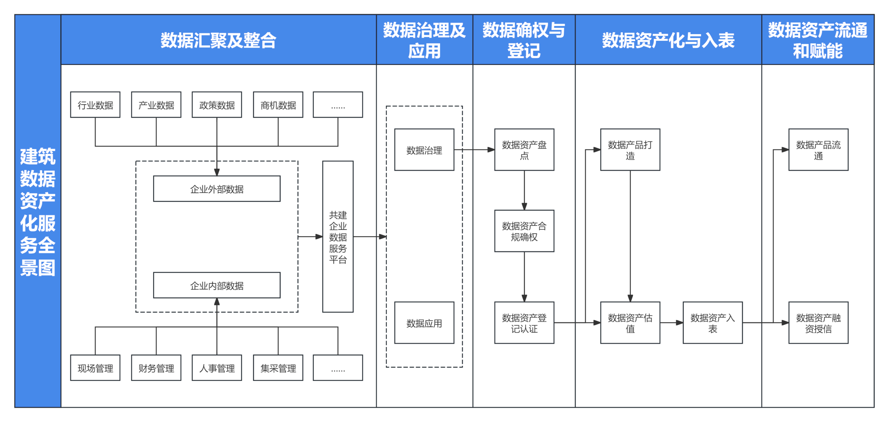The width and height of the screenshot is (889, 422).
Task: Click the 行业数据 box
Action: coord(95,105)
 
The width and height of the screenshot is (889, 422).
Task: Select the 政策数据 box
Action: coord(217,105)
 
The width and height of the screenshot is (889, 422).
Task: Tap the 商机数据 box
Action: coord(278,105)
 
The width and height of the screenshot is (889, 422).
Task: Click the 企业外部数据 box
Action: coord(217,189)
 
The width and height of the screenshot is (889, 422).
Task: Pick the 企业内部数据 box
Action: coord(217,285)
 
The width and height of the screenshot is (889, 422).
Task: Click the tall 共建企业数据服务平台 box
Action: coord(337,237)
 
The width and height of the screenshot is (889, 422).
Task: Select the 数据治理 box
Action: coord(424,150)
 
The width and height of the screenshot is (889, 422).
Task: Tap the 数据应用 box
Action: coord(424,323)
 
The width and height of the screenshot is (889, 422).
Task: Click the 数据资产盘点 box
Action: coord(524,150)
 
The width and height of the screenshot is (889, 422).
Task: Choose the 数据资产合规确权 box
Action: coord(524,231)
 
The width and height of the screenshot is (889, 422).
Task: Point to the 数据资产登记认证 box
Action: coord(524,323)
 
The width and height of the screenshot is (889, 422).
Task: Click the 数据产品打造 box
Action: coord(630,150)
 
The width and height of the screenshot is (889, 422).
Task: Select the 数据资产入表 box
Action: coord(712,323)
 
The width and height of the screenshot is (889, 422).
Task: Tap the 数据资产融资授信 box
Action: coord(818,323)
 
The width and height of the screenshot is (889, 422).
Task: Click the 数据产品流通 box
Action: coord(818,150)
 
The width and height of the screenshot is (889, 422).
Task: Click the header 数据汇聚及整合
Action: coord(219,40)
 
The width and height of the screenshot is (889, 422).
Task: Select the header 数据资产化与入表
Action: coord(668,40)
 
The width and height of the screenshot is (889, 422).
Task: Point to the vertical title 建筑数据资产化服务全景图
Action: coord(38,211)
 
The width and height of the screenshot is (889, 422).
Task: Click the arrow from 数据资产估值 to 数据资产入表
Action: coord(671,323)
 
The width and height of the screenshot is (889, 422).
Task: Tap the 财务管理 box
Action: coord(156,368)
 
